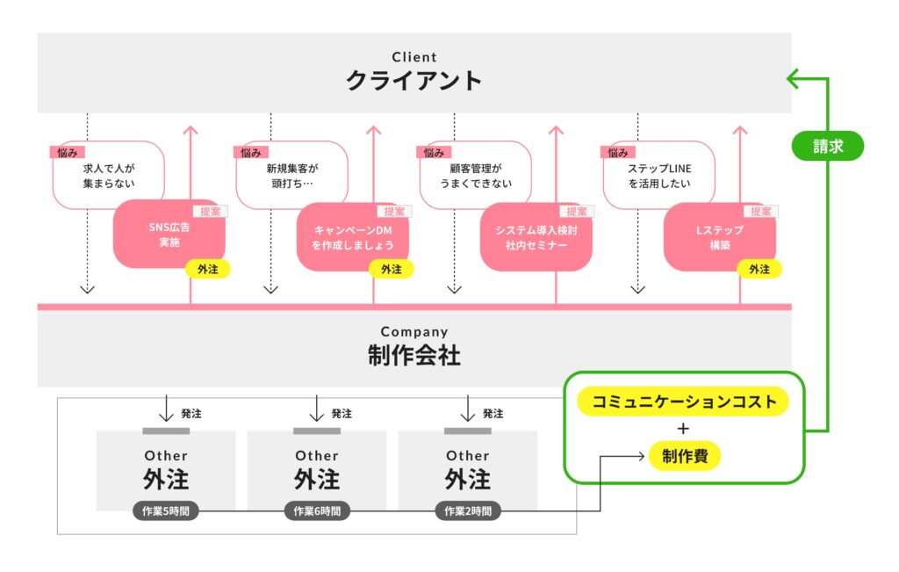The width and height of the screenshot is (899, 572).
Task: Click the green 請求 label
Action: coord(827,146)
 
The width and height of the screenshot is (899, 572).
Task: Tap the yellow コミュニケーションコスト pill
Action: coord(683,402)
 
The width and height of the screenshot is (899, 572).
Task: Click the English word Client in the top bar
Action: coord(414,58)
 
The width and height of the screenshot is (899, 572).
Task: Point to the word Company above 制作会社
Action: coord(414,332)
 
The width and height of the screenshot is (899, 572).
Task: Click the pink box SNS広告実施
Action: coord(169,235)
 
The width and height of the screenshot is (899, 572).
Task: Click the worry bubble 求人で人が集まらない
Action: coord(109,175)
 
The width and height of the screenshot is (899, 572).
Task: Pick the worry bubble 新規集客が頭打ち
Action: coord(292,175)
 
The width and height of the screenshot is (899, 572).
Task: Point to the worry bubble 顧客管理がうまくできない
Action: coord(476,175)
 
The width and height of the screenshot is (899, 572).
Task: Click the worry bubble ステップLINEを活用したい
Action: coord(658,175)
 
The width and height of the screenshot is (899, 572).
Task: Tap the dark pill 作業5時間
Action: coord(166,510)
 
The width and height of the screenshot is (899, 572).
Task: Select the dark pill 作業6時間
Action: coord(317,510)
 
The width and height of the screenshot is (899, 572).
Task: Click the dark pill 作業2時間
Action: coord(468,510)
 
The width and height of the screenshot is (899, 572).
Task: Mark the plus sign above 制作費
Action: coord(684,429)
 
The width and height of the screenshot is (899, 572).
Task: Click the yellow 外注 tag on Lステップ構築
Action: coord(759,270)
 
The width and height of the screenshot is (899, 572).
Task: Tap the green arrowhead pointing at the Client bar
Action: coord(791,79)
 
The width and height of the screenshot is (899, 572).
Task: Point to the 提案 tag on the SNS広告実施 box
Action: coord(210,211)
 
